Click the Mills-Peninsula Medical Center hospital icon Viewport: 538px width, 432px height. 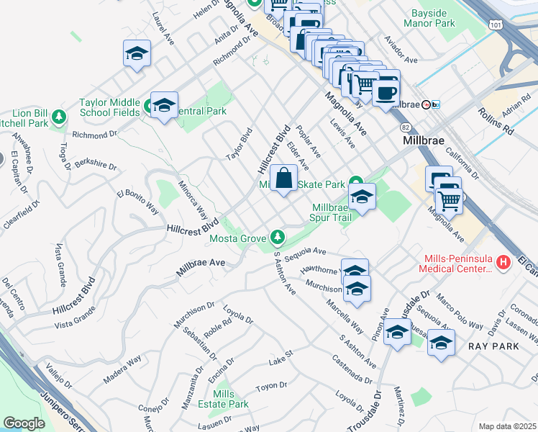coord(503,264)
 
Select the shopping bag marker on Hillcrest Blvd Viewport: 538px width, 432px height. coord(284,177)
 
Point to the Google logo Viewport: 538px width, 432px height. coord(24,423)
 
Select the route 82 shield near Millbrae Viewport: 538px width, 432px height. coord(406,126)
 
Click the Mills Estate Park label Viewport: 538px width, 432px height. coord(224,399)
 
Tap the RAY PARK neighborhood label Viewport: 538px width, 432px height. coord(493,346)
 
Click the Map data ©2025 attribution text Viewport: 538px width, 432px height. coord(507,426)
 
